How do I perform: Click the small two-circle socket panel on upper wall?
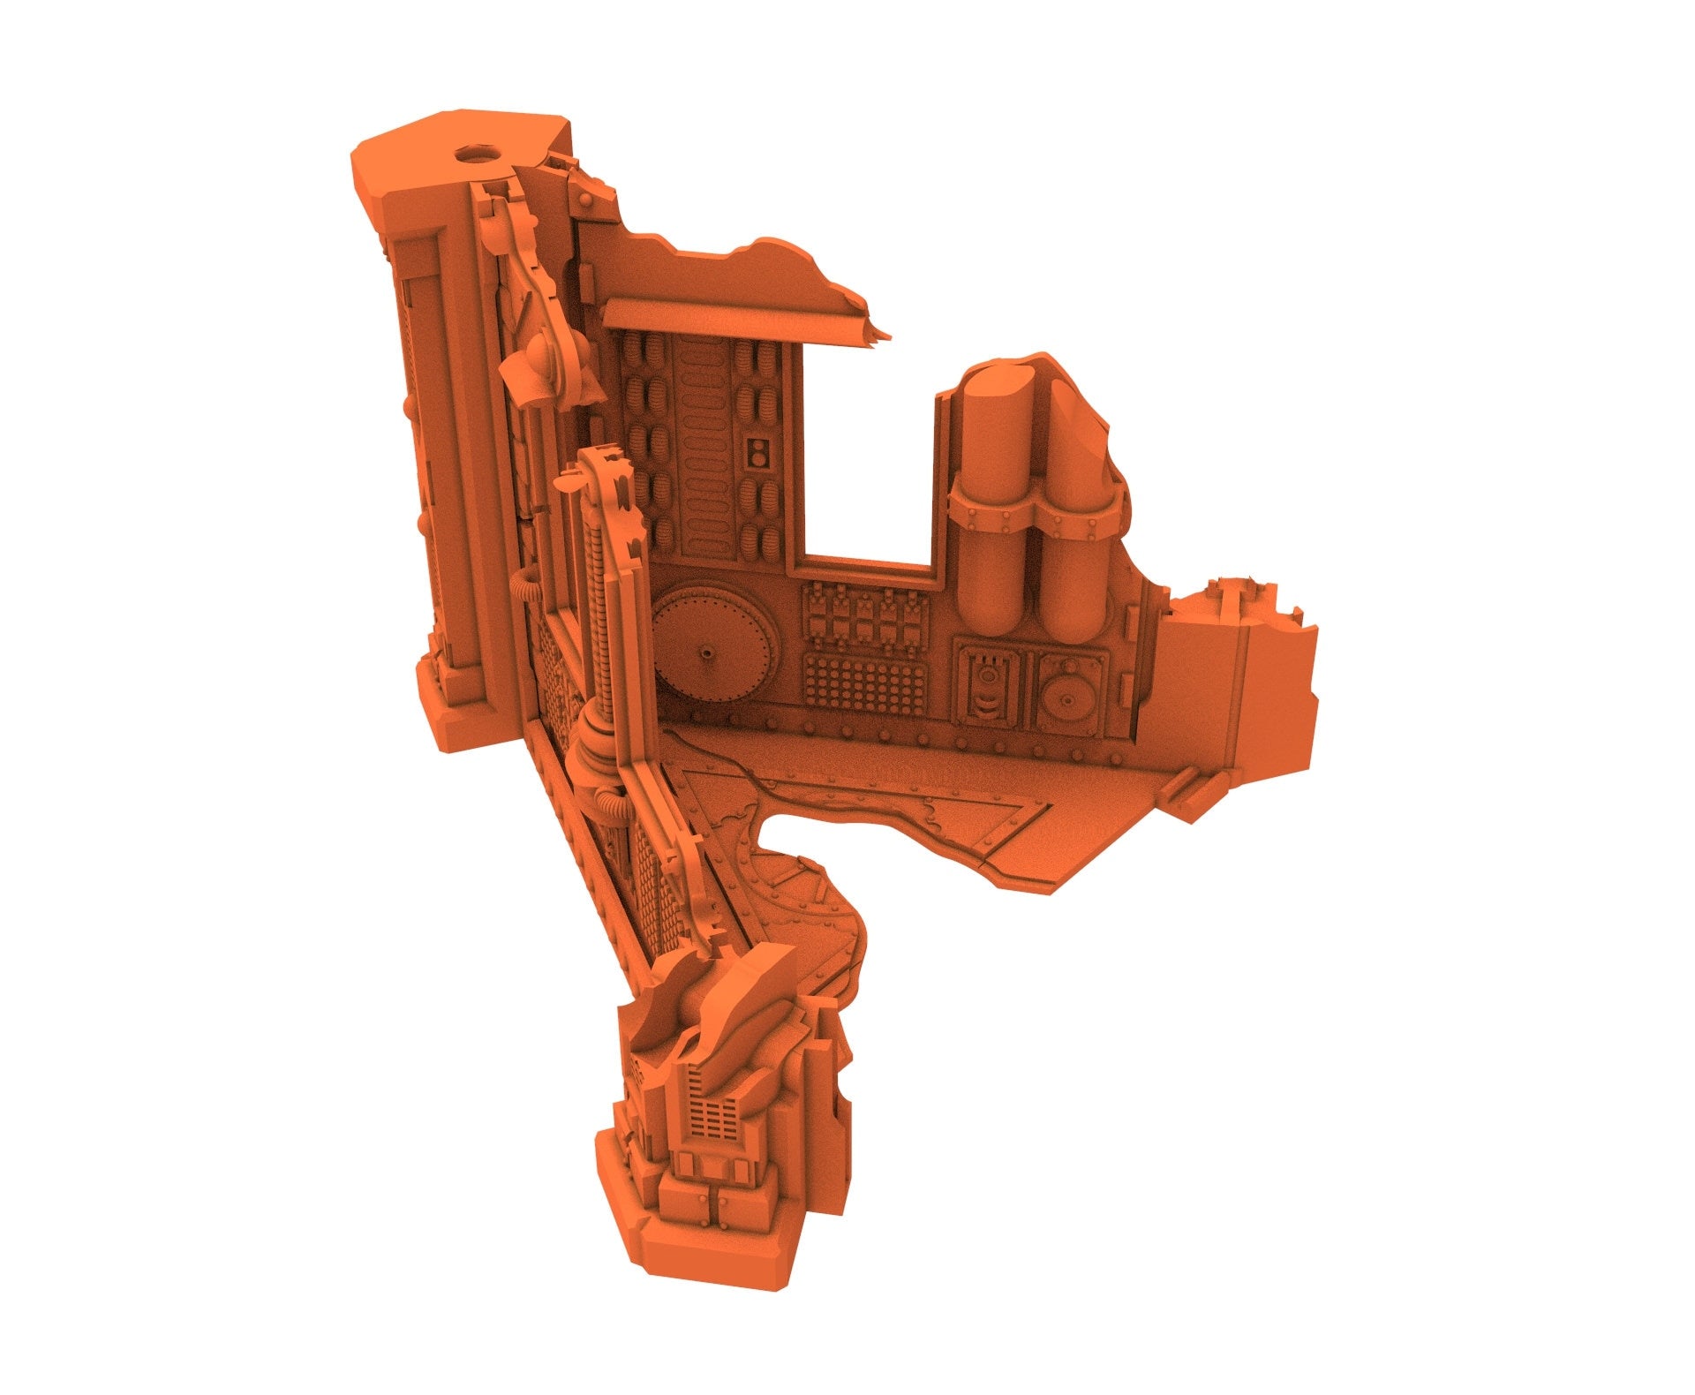(757, 453)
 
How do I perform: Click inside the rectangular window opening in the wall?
(870, 468)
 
